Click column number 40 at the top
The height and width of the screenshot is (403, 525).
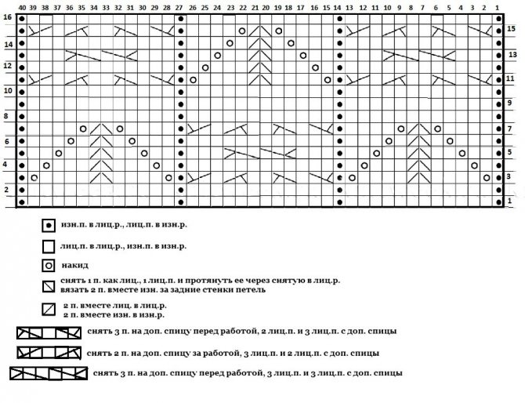(x=21, y=6)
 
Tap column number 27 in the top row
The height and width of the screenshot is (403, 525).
(x=180, y=6)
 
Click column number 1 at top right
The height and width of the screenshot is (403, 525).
(x=498, y=6)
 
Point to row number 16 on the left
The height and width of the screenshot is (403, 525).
(x=7, y=17)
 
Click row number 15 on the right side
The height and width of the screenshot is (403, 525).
(x=511, y=29)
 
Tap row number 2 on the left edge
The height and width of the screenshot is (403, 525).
(x=7, y=190)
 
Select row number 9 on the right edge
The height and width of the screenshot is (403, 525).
(x=511, y=103)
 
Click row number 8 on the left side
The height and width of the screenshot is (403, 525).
(x=7, y=116)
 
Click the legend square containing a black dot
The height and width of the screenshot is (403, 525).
(x=49, y=226)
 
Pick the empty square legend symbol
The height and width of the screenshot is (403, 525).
(x=49, y=245)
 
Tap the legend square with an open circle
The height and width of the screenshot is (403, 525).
(x=49, y=265)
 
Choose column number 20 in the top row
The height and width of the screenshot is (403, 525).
(x=266, y=6)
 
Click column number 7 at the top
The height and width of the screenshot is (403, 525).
(x=424, y=6)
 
